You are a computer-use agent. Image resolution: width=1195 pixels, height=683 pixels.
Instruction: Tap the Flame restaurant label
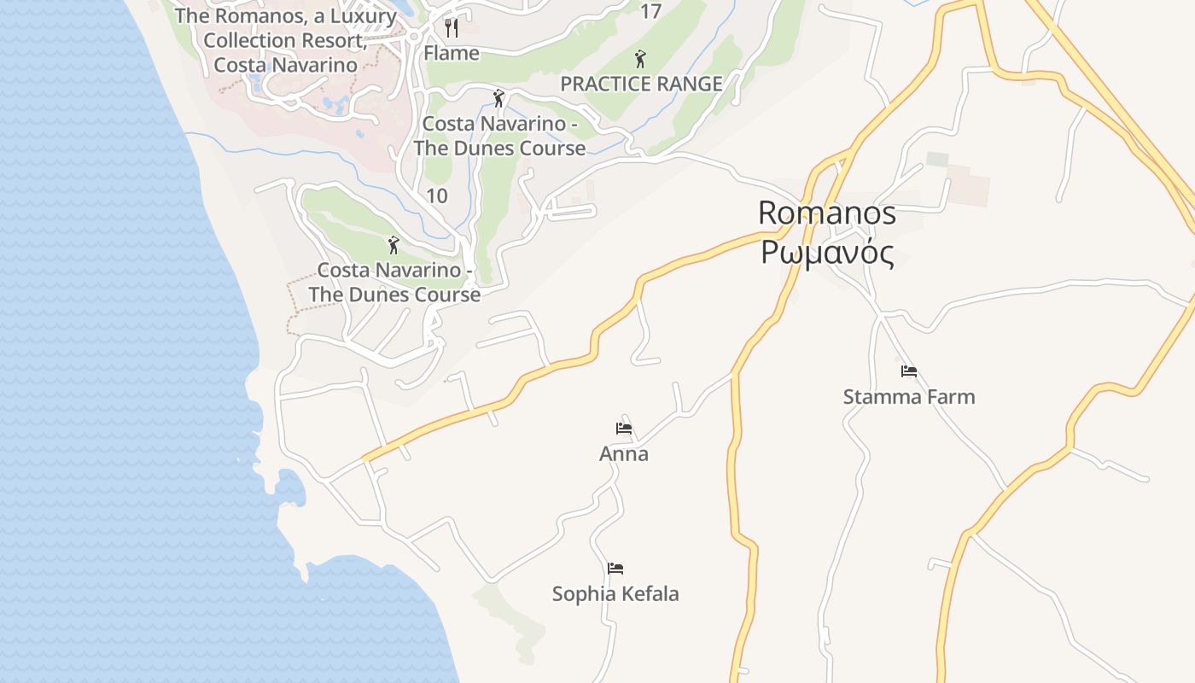tap(452, 53)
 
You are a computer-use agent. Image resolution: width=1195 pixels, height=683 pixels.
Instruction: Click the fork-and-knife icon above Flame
tap(452, 28)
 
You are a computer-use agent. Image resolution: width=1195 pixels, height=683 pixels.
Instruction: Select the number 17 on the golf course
tap(650, 11)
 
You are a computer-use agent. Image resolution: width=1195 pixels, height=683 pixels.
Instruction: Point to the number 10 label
tap(436, 196)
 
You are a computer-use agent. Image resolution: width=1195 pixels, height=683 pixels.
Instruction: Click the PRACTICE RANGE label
tap(641, 84)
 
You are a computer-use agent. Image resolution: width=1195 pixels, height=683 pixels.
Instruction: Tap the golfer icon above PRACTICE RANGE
tap(640, 59)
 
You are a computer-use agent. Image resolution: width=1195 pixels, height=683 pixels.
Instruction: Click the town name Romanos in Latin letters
tap(826, 213)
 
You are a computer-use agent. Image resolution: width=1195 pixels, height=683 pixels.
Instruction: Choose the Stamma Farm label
tap(908, 396)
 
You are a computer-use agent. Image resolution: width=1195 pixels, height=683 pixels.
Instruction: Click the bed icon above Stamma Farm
tap(908, 371)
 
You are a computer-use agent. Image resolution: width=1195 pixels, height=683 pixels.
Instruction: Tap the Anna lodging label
tap(623, 453)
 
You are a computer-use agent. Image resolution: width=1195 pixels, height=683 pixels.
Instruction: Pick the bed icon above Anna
tap(624, 428)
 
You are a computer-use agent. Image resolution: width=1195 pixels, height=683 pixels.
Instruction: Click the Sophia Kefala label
tap(615, 593)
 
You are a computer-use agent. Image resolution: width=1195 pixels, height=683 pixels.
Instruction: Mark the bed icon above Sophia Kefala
tap(615, 568)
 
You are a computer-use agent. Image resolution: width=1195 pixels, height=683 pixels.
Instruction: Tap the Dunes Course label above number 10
tap(499, 136)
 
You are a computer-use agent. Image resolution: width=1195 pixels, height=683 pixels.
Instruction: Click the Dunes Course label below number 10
tap(394, 282)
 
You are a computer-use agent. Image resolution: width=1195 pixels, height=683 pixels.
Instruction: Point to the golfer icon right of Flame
tap(498, 98)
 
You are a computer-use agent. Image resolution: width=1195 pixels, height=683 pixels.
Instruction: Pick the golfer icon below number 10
tap(393, 245)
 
